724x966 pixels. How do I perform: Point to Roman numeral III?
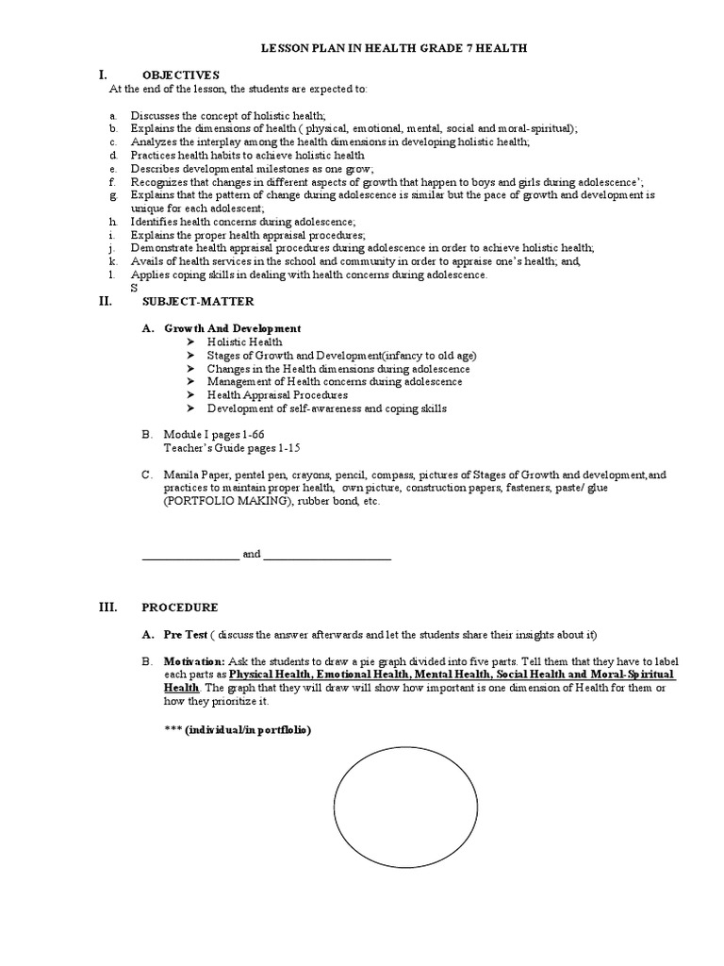(107, 608)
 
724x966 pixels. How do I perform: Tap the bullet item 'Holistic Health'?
(244, 341)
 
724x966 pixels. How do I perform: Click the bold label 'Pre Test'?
(184, 634)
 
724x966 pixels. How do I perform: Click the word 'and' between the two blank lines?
(252, 555)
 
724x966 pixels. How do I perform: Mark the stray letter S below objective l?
(134, 288)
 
